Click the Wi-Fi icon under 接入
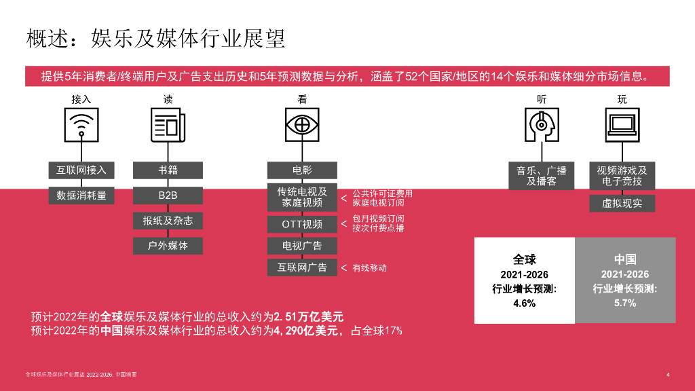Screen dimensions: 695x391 point(81,125)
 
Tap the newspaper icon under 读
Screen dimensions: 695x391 point(168,125)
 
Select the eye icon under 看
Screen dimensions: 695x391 point(302,125)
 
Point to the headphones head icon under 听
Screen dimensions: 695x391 point(542,125)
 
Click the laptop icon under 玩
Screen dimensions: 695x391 point(622,125)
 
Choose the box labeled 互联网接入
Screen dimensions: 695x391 point(81,170)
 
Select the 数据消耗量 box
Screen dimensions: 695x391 point(81,195)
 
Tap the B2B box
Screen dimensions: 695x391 point(168,195)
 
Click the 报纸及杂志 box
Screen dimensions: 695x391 point(168,221)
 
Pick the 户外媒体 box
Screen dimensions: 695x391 point(168,246)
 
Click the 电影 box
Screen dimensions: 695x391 point(302,170)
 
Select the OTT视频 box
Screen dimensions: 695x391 point(302,224)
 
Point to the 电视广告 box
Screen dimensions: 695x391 point(302,246)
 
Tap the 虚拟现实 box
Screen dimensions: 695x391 point(622,203)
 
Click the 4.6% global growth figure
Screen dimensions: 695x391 point(524,303)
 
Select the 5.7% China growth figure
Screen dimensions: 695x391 point(624,303)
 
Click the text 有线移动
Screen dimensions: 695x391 point(369,268)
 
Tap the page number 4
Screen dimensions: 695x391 point(669,375)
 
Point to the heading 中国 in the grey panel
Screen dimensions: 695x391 point(624,259)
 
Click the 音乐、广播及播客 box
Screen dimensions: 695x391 point(542,176)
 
